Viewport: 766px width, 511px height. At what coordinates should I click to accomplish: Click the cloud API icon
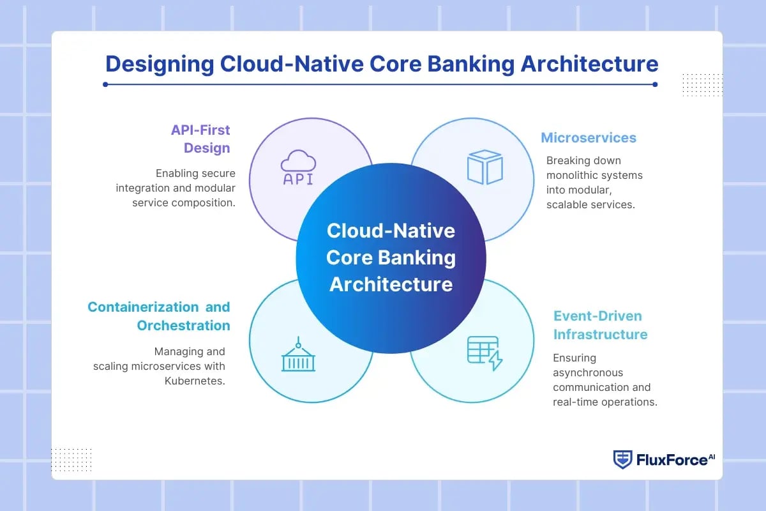click(x=298, y=168)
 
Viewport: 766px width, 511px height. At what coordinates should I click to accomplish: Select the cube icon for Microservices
click(x=484, y=167)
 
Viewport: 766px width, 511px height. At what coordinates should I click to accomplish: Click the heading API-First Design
click(x=200, y=139)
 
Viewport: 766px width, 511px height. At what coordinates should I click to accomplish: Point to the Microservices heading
click(x=589, y=137)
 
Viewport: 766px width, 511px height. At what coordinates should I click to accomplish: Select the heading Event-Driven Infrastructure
click(x=600, y=325)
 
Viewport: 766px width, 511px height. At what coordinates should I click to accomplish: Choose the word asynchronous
click(x=588, y=372)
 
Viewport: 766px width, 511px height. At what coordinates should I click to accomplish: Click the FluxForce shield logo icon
click(x=622, y=459)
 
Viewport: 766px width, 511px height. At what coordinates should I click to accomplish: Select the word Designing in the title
click(x=160, y=64)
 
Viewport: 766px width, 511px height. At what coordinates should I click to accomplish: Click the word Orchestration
click(x=183, y=325)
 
